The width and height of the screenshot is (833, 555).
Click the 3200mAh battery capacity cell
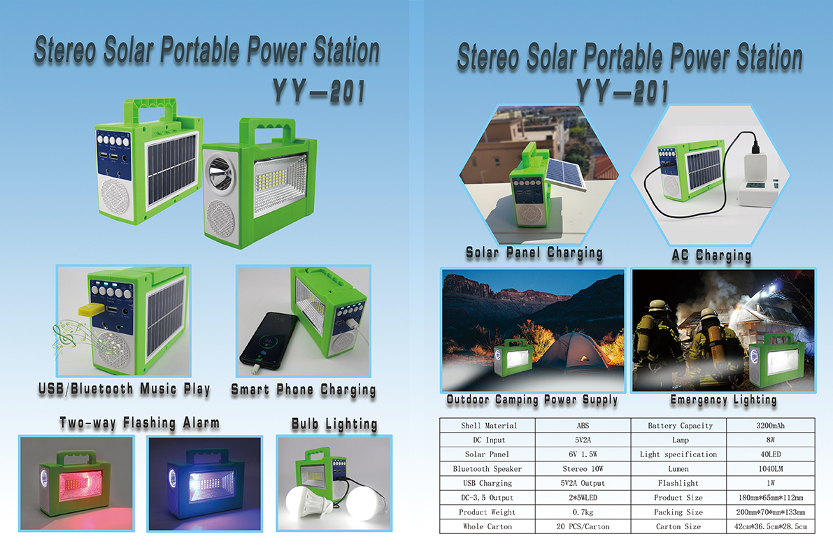(x=770, y=426)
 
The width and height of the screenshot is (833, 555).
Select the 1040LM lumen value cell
(x=770, y=469)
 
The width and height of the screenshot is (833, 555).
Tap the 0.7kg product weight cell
(x=583, y=512)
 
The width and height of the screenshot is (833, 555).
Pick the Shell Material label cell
(x=487, y=426)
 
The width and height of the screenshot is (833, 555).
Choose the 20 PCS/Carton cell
(x=583, y=526)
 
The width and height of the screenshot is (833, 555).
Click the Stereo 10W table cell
(x=583, y=469)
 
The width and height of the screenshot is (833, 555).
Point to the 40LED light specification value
(x=770, y=454)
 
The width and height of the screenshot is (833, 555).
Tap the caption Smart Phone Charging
(x=304, y=390)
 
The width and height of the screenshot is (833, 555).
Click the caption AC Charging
(x=711, y=256)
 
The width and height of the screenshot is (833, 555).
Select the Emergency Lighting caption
(x=724, y=400)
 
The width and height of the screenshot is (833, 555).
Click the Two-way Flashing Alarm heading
(x=140, y=424)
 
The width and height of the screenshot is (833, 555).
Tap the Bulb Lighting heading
(x=335, y=424)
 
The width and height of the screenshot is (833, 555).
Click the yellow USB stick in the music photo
(x=92, y=310)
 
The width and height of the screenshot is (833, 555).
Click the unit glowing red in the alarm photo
(x=76, y=483)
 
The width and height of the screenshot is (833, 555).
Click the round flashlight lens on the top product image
(x=218, y=172)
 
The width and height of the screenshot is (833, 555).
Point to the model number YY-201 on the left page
(x=319, y=91)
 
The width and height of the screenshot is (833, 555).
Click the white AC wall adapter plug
(x=756, y=169)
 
